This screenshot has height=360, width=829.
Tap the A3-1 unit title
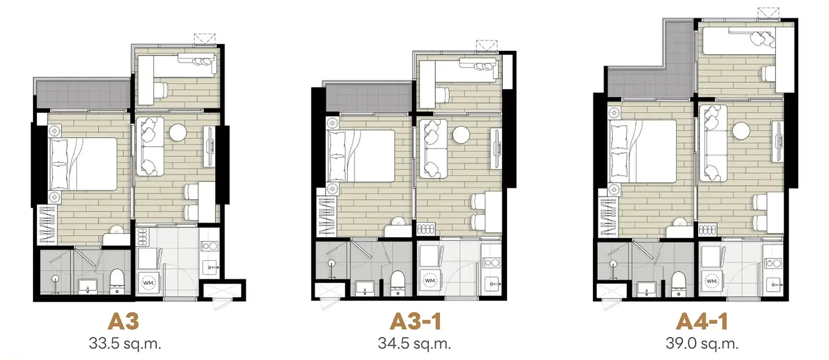[x=415, y=321]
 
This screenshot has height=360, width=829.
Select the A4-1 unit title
[x=702, y=321]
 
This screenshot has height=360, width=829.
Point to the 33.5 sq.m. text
[x=125, y=343]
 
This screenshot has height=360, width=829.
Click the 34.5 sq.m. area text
[x=414, y=343]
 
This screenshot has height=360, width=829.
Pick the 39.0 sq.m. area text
[x=702, y=343]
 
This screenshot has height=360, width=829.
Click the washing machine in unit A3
[x=149, y=283]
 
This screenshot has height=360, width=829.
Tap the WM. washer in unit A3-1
[x=430, y=280]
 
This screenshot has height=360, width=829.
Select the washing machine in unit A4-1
[x=711, y=281]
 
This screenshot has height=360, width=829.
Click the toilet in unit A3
[x=117, y=282]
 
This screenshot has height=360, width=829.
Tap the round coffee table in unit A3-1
[x=461, y=134]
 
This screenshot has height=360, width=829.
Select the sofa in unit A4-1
[x=713, y=143]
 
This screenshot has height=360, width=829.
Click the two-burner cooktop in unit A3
[x=209, y=246]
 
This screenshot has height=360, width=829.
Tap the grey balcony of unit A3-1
[x=368, y=99]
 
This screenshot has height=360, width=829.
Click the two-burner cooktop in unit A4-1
[x=772, y=263]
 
